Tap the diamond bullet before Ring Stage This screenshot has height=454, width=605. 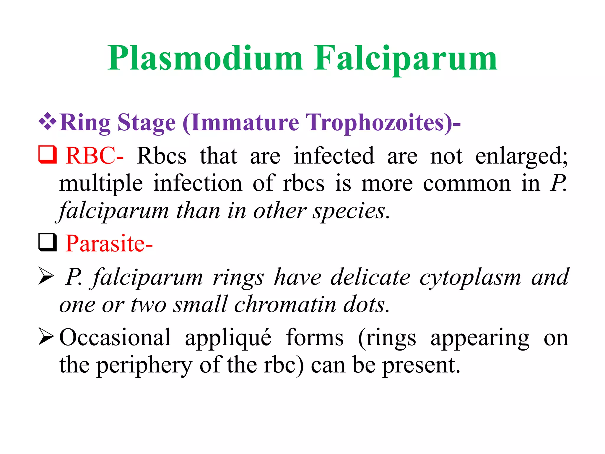coord(47,122)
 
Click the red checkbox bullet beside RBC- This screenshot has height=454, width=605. coord(47,155)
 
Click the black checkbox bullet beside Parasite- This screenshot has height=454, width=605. coord(47,242)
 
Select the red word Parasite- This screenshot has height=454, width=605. coord(109,244)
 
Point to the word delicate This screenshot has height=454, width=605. coord(370,277)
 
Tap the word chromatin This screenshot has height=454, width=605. coord(285,304)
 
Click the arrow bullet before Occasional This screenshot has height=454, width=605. coord(46,338)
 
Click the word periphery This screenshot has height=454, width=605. coord(145,365)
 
